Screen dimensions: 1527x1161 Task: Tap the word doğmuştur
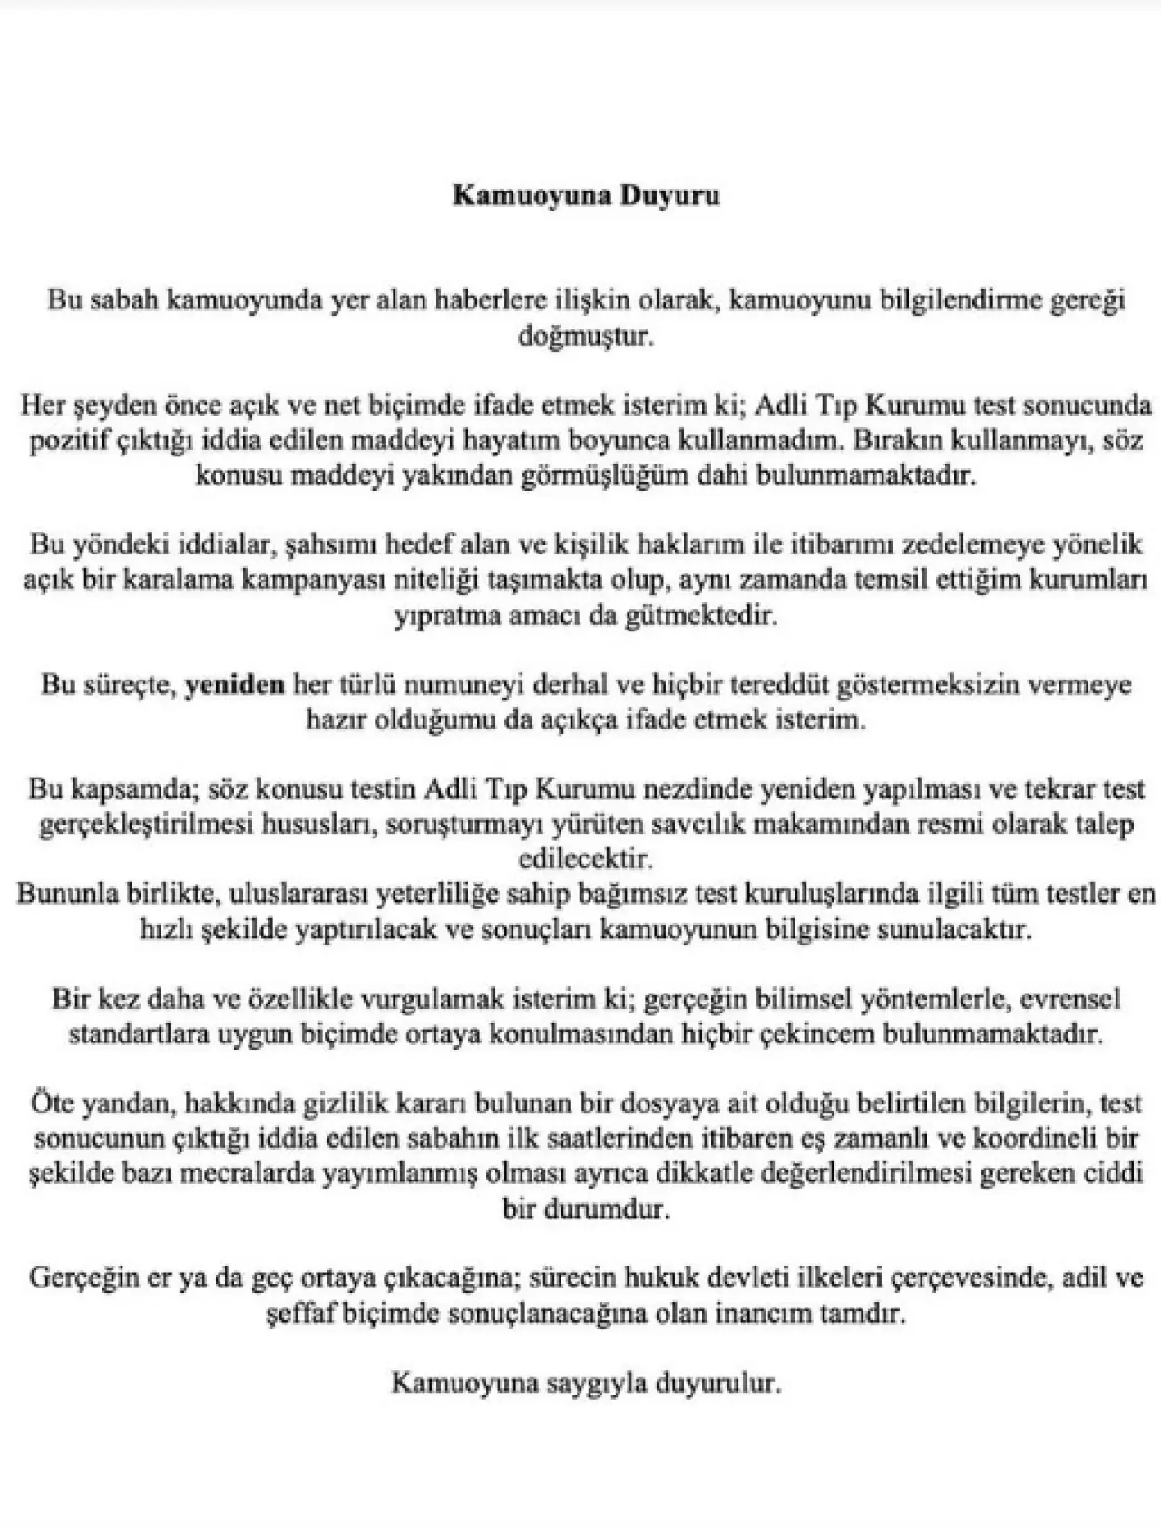pos(585,336)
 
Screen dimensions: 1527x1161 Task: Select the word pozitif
pos(64,441)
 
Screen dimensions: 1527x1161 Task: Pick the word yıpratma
pos(443,616)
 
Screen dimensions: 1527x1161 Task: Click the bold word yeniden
pos(235,685)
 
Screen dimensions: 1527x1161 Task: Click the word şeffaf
pos(303,1314)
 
